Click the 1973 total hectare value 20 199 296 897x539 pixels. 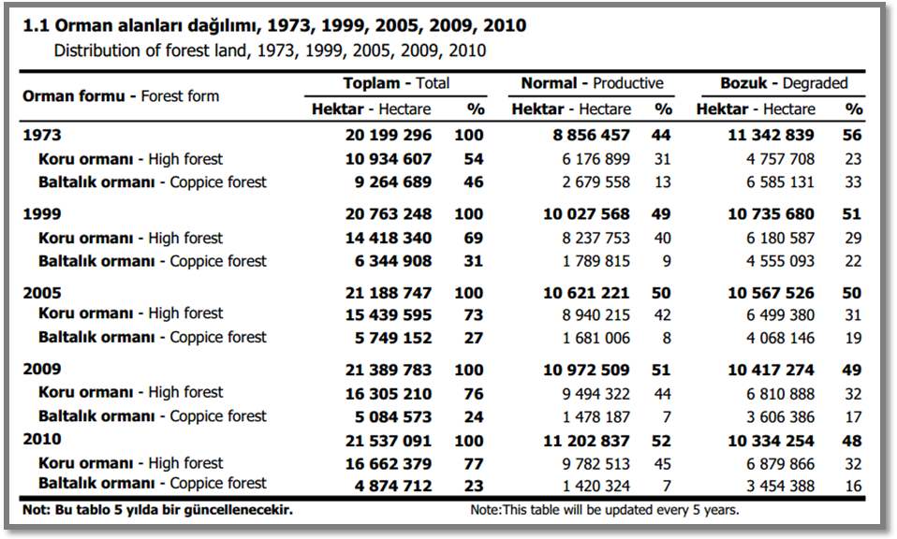pyautogui.click(x=389, y=135)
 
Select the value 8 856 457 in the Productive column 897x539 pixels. pyautogui.click(x=591, y=135)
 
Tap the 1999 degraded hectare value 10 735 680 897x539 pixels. pyautogui.click(x=771, y=213)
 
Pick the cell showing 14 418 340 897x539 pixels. pyautogui.click(x=389, y=238)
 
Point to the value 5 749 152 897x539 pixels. pyautogui.click(x=393, y=338)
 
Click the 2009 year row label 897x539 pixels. pyautogui.click(x=42, y=370)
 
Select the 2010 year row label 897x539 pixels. pyautogui.click(x=42, y=439)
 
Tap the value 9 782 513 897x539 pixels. pyautogui.click(x=596, y=464)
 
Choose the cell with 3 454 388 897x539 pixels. pyautogui.click(x=780, y=486)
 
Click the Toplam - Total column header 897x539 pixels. pyautogui.click(x=396, y=83)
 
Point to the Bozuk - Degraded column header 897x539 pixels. pyautogui.click(x=784, y=83)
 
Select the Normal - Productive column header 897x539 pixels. pyautogui.click(x=592, y=83)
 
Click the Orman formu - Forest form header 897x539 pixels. pyautogui.click(x=121, y=96)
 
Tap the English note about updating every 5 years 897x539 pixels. pyautogui.click(x=605, y=510)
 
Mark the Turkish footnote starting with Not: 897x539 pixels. pyautogui.click(x=157, y=509)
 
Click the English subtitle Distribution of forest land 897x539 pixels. pyautogui.click(x=270, y=51)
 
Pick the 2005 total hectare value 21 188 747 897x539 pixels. pyautogui.click(x=389, y=293)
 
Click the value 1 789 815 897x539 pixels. pyautogui.click(x=596, y=261)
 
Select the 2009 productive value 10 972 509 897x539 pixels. pyautogui.click(x=586, y=370)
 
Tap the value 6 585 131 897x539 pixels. pyautogui.click(x=780, y=182)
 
